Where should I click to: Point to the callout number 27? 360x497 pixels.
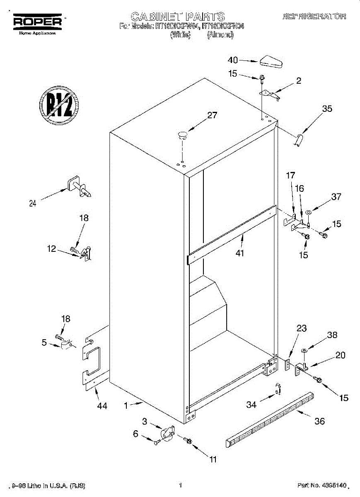(x=212, y=116)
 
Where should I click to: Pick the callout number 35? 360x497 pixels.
(x=327, y=109)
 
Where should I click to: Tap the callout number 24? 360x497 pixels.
(x=33, y=203)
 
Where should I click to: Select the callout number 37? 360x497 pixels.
(x=336, y=197)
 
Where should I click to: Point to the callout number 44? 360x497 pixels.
(x=102, y=406)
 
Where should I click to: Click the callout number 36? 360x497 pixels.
(x=319, y=422)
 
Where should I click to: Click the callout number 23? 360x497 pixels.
(x=302, y=328)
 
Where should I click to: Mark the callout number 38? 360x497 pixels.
(x=332, y=335)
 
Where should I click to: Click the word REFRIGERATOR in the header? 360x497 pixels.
(x=314, y=17)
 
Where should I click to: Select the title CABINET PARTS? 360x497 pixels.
(x=178, y=17)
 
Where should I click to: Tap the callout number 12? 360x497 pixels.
(x=51, y=249)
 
